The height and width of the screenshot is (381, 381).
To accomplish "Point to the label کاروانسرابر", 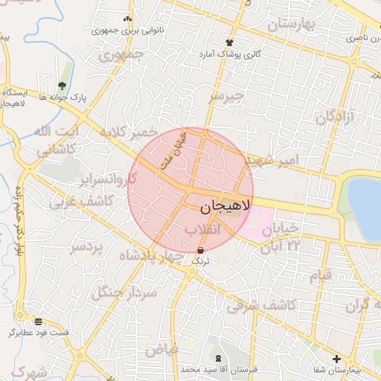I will coord(110,181).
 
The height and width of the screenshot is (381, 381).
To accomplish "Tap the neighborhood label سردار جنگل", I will coord(132,293).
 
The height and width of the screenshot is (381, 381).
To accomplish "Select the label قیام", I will coord(320,277).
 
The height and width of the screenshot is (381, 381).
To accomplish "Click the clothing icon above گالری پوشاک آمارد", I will coord(228,42).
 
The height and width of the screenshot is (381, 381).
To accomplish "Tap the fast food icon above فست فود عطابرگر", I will coord(38,321).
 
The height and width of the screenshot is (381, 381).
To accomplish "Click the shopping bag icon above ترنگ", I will coord(201,250).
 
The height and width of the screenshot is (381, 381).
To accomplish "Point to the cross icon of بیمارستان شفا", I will coord(336,359).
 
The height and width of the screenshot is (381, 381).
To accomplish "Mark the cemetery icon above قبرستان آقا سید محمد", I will coord(217,359).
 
